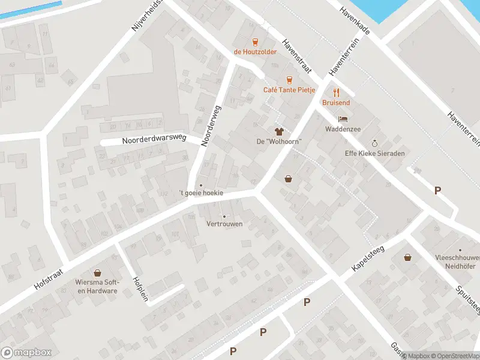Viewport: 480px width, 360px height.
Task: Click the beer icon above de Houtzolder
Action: [x=256, y=41]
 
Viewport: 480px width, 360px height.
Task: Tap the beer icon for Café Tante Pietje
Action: [x=289, y=80]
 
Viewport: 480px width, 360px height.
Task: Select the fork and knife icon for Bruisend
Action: [x=336, y=92]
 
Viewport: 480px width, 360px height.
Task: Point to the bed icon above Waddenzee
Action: [x=343, y=119]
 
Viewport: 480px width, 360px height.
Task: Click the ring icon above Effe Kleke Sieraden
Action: [x=375, y=143]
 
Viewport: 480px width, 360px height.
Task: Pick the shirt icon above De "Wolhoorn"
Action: [x=278, y=131]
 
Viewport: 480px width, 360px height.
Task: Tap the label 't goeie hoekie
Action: [x=201, y=193]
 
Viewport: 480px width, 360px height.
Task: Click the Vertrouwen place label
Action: [x=224, y=224]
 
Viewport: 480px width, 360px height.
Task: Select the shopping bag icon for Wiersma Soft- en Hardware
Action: [x=97, y=273]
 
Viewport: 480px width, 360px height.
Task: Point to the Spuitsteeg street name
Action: [x=469, y=297]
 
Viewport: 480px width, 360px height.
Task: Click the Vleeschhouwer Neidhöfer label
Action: [x=460, y=261]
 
